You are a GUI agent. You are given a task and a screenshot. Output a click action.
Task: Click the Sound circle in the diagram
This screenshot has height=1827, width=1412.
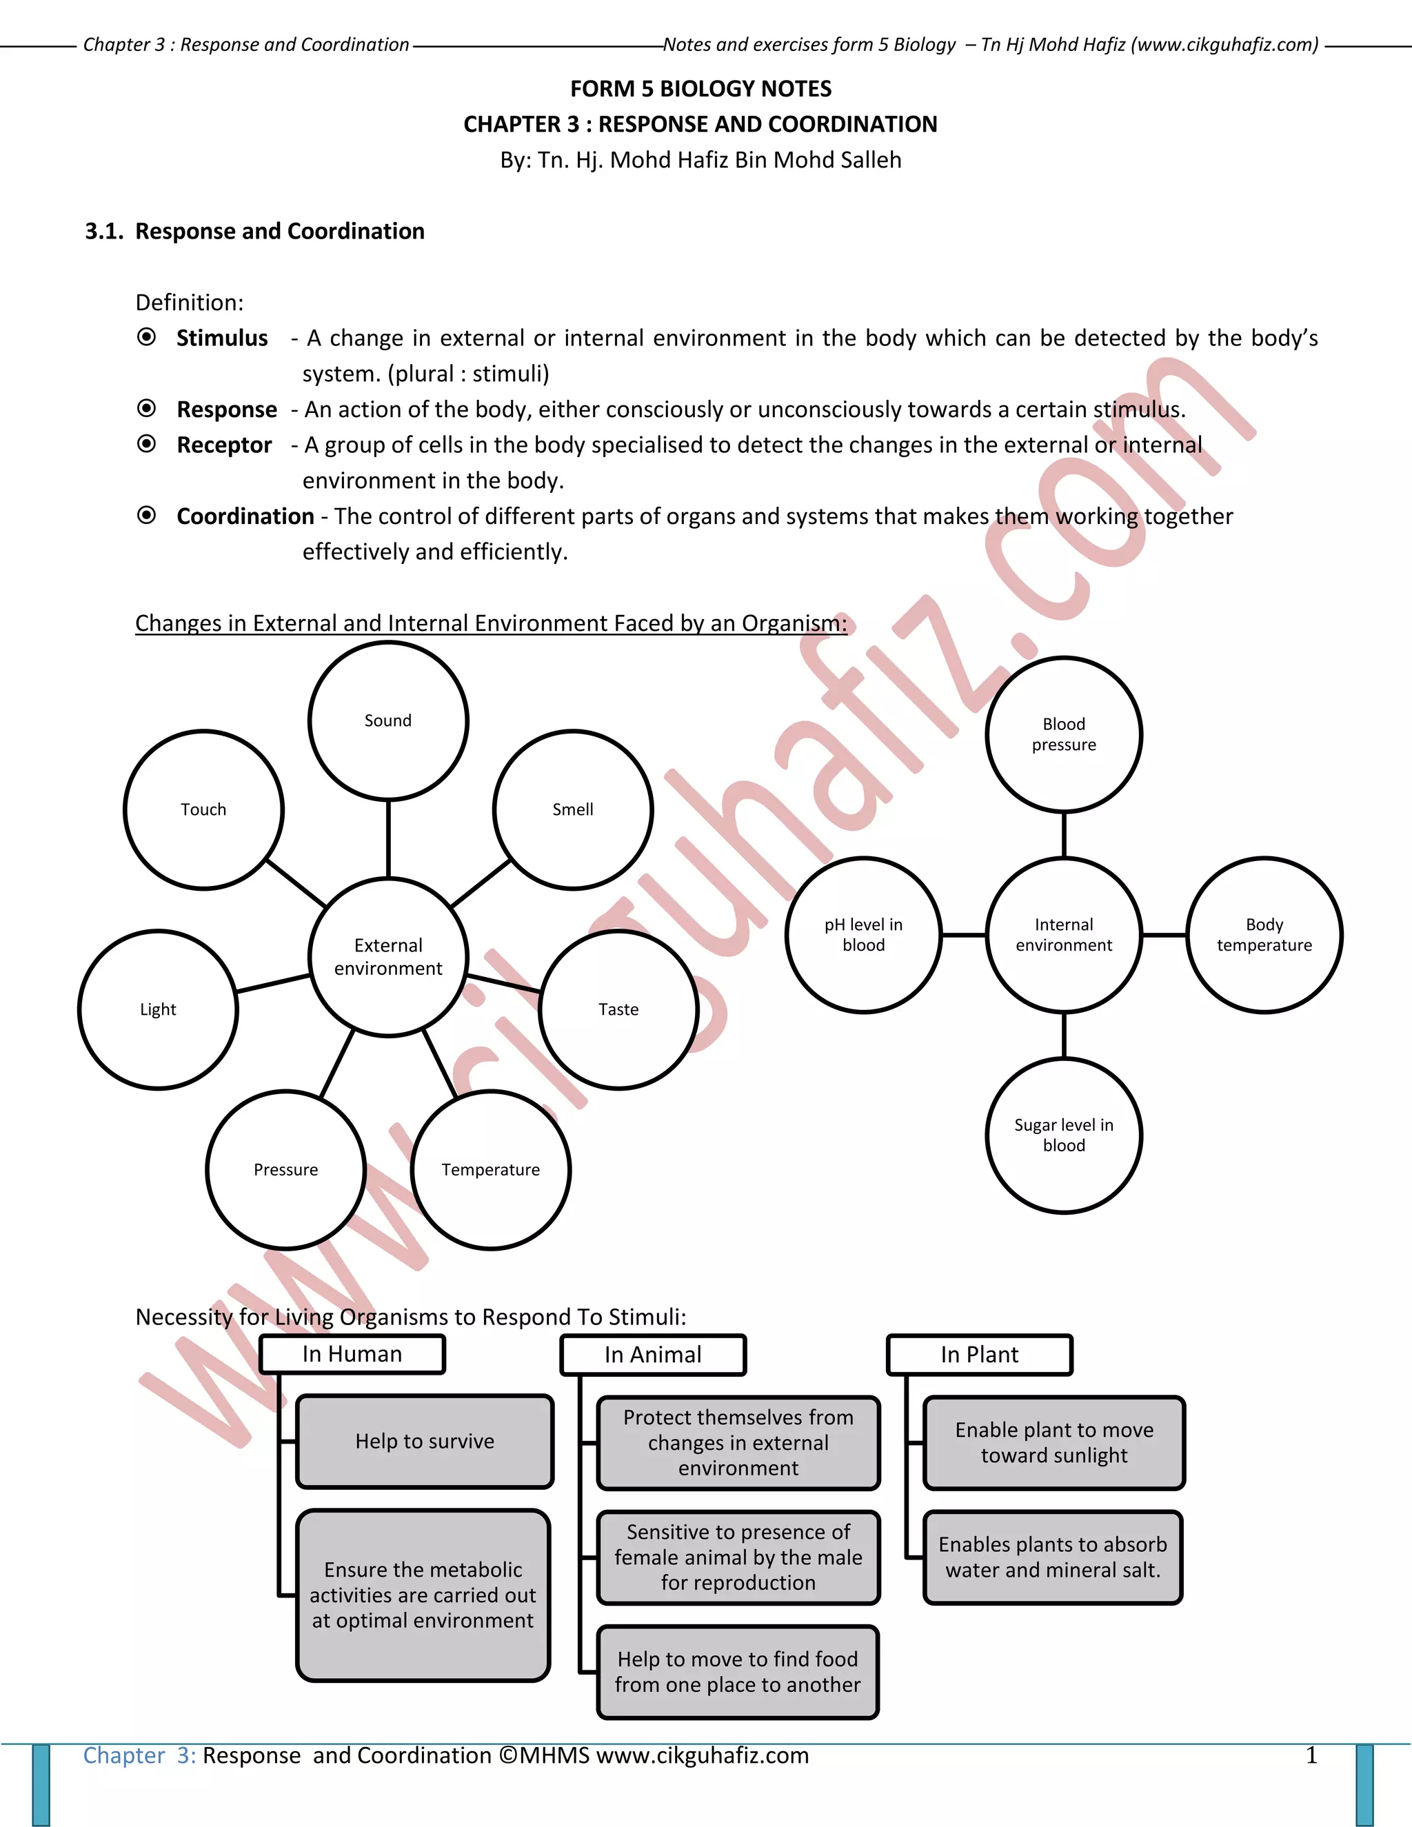click(x=388, y=720)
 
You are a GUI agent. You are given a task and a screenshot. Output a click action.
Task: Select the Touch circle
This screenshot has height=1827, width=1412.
click(x=203, y=809)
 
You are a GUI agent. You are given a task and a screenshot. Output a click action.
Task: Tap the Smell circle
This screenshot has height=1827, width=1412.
click(x=573, y=809)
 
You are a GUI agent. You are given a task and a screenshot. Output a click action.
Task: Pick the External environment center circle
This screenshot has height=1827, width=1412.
click(x=388, y=956)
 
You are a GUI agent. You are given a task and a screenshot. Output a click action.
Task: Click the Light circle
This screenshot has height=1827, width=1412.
click(x=158, y=1009)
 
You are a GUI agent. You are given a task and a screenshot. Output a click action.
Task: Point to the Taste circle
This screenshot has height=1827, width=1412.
click(x=619, y=1009)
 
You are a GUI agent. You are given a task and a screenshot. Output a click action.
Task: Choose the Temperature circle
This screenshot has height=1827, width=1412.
click(x=491, y=1169)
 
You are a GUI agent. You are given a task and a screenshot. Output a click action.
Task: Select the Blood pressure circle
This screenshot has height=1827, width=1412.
click(x=1063, y=734)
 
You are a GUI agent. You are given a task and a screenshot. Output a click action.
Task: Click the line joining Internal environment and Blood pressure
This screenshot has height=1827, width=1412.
click(x=1063, y=834)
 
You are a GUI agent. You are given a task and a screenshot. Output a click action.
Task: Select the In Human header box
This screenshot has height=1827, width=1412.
click(x=352, y=1354)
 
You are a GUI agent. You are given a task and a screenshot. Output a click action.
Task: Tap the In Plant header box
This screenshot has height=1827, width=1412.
click(x=980, y=1354)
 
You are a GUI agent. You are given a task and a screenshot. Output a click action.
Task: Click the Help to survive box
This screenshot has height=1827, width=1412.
click(x=425, y=1442)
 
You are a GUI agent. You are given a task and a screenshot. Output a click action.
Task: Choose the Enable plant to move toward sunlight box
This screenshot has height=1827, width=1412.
click(x=1054, y=1442)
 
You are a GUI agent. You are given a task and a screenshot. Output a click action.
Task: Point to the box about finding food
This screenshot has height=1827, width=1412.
click(x=738, y=1671)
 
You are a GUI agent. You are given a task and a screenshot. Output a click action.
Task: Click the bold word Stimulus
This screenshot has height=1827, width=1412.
click(x=222, y=338)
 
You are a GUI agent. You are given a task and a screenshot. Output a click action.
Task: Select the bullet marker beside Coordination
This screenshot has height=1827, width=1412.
click(x=146, y=515)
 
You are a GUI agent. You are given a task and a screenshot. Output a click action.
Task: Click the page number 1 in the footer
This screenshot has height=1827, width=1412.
click(x=1311, y=1755)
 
